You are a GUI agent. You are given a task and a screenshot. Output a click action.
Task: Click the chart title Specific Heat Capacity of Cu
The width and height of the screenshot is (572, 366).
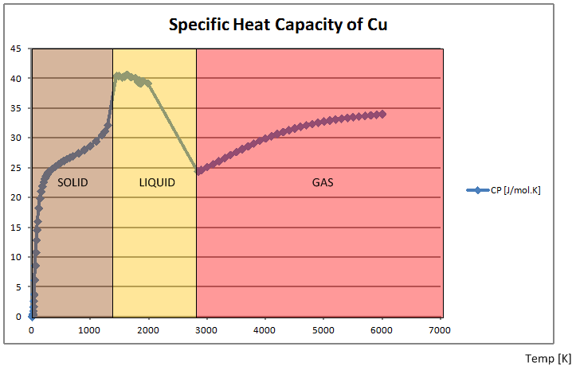(x=278, y=25)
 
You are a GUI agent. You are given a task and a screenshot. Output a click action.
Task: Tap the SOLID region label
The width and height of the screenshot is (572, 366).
(x=72, y=183)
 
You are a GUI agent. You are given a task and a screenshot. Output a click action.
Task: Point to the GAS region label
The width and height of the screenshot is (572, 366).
(x=323, y=183)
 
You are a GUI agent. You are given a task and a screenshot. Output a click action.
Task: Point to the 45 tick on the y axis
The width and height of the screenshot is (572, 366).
(x=16, y=49)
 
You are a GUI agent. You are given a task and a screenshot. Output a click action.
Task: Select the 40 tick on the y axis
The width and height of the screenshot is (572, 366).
(x=16, y=78)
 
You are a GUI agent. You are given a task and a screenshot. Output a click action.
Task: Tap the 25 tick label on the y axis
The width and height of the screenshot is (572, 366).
(x=16, y=168)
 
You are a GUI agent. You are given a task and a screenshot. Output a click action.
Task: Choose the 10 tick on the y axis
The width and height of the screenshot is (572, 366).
(x=16, y=257)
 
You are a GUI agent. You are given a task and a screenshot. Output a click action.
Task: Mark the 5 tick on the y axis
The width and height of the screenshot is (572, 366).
(x=18, y=287)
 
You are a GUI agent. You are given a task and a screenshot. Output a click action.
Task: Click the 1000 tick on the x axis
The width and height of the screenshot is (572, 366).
(x=90, y=329)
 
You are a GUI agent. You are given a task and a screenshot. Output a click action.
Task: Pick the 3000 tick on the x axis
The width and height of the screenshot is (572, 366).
(x=206, y=329)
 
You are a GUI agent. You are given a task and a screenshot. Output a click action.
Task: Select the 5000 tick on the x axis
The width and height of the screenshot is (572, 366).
(x=323, y=329)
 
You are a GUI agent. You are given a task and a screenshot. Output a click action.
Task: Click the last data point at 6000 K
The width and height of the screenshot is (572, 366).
(x=382, y=114)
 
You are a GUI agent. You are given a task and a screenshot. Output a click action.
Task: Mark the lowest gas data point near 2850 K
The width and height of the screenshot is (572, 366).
(x=198, y=171)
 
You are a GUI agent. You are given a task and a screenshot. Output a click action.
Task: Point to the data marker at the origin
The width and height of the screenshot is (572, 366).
(x=32, y=317)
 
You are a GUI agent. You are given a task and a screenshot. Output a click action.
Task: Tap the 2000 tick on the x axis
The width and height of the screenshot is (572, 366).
(x=148, y=329)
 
